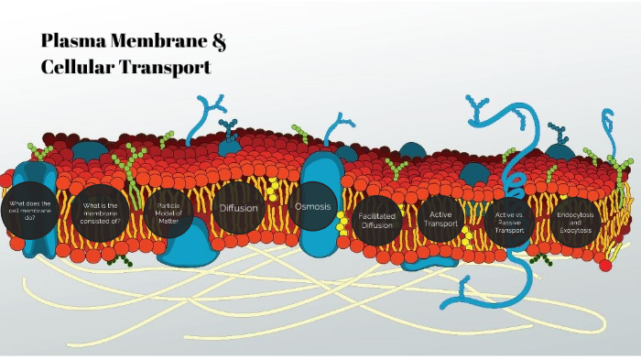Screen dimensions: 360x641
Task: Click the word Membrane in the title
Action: (x=161, y=42)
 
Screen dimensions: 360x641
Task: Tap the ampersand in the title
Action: (x=218, y=42)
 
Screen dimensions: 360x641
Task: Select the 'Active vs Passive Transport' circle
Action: (x=510, y=221)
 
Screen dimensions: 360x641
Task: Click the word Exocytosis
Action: (x=575, y=229)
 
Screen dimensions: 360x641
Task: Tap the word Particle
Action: (x=173, y=205)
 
